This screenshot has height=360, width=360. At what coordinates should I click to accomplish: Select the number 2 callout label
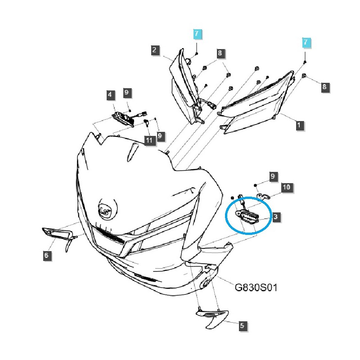[154, 50]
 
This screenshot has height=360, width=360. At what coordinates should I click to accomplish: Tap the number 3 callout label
[276, 217]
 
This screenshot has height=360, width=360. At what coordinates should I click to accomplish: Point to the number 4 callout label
[110, 95]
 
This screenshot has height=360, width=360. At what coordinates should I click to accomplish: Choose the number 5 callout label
[242, 325]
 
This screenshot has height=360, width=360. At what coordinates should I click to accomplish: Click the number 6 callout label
[46, 256]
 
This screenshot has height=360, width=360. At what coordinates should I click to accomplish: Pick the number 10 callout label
[286, 187]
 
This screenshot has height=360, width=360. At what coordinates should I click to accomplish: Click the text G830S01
[256, 287]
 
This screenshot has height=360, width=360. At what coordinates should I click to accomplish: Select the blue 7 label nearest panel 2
[197, 33]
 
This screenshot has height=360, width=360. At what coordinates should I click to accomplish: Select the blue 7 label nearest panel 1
[306, 43]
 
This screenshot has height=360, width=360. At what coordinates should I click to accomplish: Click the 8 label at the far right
[324, 87]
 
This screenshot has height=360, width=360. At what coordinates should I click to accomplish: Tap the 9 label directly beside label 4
[126, 93]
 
